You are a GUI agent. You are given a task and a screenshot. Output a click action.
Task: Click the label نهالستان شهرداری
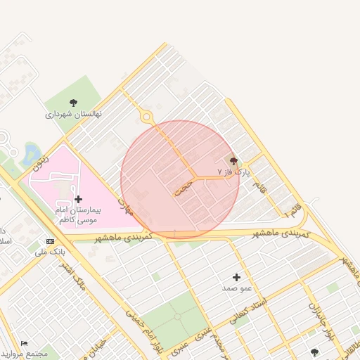click(x=74, y=113)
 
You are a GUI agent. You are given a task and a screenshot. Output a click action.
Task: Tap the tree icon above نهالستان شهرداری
click(x=74, y=103)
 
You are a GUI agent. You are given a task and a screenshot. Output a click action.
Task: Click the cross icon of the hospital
click(x=78, y=200)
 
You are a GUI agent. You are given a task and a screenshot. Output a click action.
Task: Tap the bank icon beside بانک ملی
click(x=49, y=241)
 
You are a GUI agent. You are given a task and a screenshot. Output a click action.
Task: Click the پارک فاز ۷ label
click(x=233, y=171)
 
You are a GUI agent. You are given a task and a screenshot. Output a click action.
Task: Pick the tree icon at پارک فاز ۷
click(x=233, y=161)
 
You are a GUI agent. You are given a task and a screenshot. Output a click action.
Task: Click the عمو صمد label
click(x=237, y=288)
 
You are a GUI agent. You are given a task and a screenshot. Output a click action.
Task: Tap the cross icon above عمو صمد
click(x=237, y=278)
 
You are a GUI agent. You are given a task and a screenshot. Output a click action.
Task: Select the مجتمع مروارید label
click(x=25, y=354)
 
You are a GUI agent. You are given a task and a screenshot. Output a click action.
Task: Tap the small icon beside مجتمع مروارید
click(x=25, y=343)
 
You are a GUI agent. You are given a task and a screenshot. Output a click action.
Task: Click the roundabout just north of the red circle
click(x=146, y=117)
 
